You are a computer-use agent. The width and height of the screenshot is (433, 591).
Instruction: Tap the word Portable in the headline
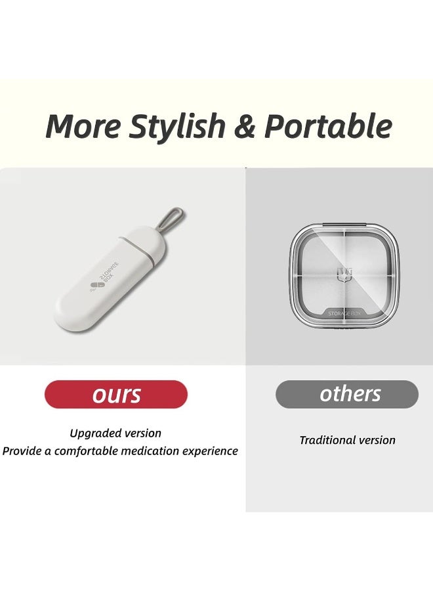click(328, 126)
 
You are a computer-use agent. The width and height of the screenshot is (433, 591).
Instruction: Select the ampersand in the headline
click(244, 126)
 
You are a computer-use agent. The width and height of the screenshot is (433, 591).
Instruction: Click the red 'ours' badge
click(116, 395)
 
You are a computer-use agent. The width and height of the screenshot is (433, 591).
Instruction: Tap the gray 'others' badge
click(347, 394)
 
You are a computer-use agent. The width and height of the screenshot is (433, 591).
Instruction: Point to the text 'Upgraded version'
click(115, 433)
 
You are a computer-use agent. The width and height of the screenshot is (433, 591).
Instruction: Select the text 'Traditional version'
click(347, 441)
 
